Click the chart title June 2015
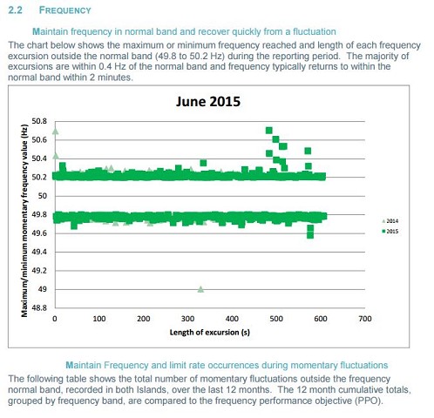click(208, 102)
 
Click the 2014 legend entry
click(390, 221)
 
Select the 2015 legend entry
click(390, 232)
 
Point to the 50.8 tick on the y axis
click(39, 121)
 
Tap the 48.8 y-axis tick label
click(39, 307)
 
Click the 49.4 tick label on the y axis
click(39, 252)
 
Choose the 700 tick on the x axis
click(365, 319)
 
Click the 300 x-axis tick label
click(187, 319)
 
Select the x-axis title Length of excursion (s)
click(210, 333)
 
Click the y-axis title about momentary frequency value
click(24, 220)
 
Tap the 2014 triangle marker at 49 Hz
click(200, 289)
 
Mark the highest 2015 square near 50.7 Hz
click(269, 131)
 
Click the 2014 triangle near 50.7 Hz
click(55, 131)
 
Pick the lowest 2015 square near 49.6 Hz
click(310, 235)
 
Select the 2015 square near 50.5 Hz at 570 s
click(308, 151)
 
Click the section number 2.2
click(15, 10)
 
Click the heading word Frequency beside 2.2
click(65, 10)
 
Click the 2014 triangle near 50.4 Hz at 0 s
click(56, 156)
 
